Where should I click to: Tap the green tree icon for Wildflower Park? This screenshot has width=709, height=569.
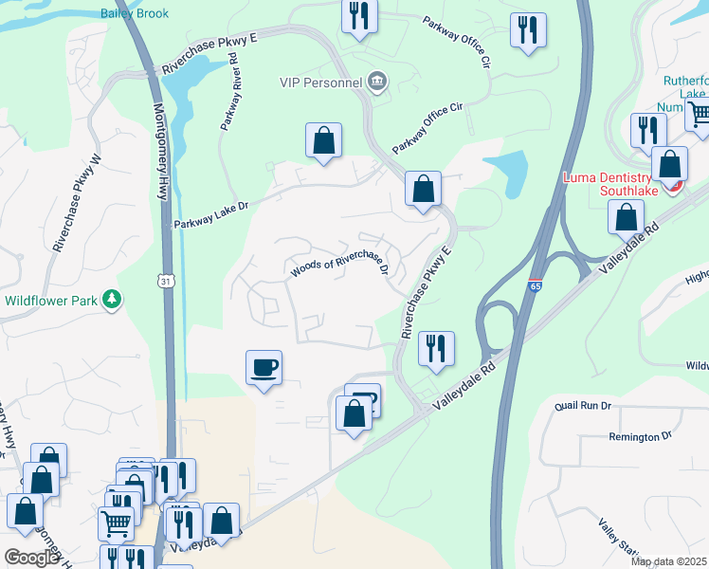tap(114, 300)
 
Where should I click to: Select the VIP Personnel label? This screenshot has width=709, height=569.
tap(321, 83)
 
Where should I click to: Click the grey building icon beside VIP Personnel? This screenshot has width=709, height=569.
tap(377, 82)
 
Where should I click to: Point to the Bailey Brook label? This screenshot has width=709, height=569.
tap(134, 13)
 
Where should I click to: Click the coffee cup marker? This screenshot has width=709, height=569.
tap(264, 367)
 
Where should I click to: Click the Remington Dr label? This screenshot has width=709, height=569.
tap(640, 436)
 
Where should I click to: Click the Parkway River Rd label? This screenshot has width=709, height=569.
tap(229, 91)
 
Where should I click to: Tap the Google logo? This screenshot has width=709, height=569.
tap(30, 559)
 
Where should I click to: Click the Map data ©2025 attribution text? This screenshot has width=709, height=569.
tap(668, 561)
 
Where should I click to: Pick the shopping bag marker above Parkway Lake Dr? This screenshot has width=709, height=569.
tap(323, 140)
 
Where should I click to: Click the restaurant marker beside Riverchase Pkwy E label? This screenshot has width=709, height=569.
tap(435, 348)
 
